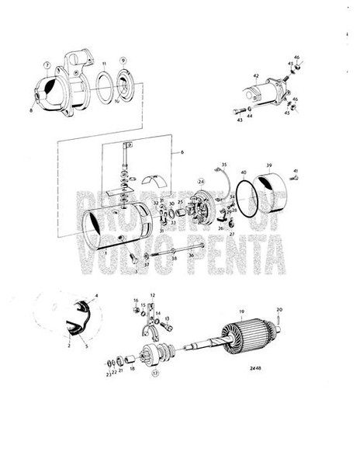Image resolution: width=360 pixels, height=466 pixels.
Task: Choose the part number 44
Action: tap(250, 116)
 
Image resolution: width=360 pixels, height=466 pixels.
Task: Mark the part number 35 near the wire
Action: tap(223, 165)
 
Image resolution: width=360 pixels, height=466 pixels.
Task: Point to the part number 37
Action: tap(146, 265)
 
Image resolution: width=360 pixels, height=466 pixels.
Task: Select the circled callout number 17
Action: tap(155, 373)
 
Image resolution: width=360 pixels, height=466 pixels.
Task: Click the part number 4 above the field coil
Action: tap(96, 296)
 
